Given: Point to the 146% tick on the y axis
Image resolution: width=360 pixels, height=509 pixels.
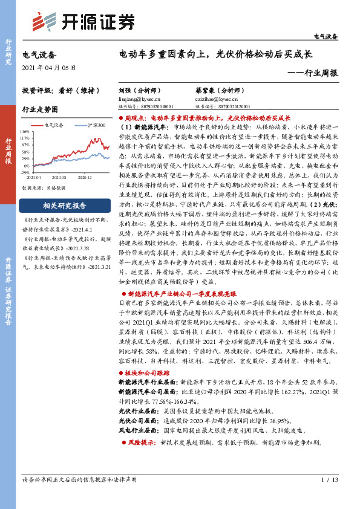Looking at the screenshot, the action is tap(25, 131).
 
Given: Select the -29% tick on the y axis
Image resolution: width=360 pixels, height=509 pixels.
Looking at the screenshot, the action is tap(26, 172).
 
